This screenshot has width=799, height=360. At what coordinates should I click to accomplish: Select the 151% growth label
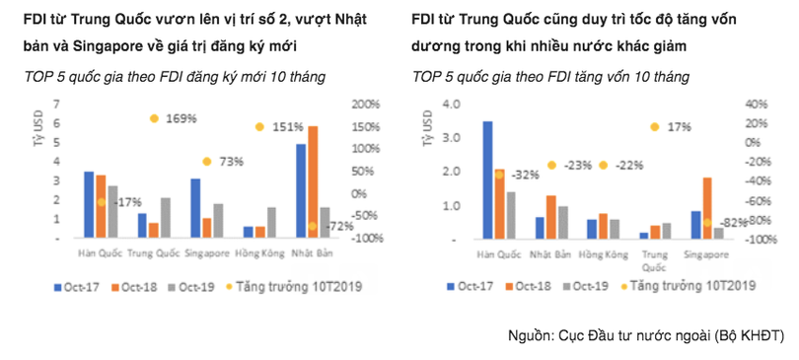pos(287,126)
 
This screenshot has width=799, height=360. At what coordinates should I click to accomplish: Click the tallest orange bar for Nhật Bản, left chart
pos(313,182)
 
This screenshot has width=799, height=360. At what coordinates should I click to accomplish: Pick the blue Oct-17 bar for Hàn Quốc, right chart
pos(487,180)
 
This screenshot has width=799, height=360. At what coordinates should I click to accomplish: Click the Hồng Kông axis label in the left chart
pos(261,252)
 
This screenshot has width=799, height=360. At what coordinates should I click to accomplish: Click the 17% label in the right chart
pos(679,127)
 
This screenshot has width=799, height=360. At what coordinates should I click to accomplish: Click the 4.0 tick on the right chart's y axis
pos(452,105)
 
